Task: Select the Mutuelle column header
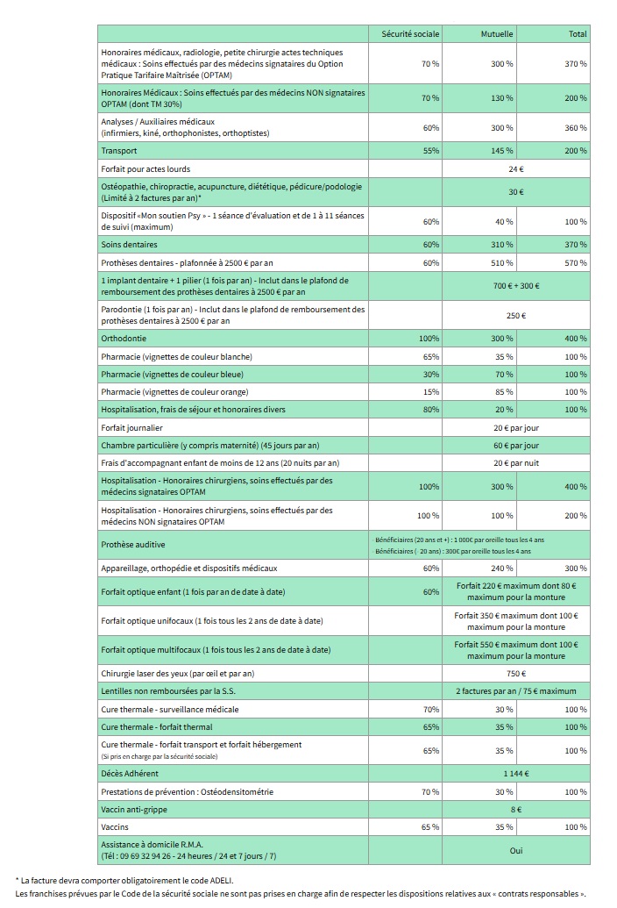point(497,33)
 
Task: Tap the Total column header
point(578,33)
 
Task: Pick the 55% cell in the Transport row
point(430,151)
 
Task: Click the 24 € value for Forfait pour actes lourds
point(515,168)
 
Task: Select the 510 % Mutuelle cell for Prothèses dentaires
point(502,262)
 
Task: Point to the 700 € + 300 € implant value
point(515,286)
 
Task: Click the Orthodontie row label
point(124,339)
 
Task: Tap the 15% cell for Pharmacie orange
point(430,391)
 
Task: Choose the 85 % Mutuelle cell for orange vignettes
point(503,391)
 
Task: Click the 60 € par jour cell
point(515,445)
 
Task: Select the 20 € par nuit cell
point(515,462)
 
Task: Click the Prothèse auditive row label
point(133,545)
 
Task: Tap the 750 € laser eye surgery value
point(515,674)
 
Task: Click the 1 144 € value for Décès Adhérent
point(515,774)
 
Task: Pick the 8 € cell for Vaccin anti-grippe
point(515,809)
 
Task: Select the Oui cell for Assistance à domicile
point(515,850)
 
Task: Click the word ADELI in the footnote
point(221,880)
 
